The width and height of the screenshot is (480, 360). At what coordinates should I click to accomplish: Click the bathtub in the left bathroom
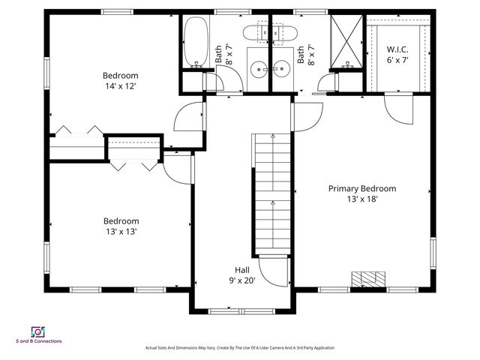(195, 41)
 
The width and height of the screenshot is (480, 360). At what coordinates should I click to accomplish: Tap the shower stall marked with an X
(347, 41)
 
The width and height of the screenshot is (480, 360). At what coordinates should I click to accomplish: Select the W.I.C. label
(397, 49)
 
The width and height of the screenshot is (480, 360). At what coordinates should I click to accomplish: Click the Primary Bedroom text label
(362, 188)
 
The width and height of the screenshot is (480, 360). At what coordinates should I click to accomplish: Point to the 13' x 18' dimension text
(362, 199)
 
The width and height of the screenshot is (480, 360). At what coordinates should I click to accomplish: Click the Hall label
(242, 270)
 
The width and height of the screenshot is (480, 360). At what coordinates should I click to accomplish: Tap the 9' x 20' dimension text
(242, 280)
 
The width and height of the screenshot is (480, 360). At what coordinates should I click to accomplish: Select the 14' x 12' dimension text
(121, 86)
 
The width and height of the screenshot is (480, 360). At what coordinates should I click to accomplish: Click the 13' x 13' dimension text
(121, 232)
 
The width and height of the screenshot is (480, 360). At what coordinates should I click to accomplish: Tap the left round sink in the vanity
(259, 68)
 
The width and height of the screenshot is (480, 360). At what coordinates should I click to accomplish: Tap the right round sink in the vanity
(282, 68)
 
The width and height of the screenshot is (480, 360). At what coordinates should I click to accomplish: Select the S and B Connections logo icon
(37, 331)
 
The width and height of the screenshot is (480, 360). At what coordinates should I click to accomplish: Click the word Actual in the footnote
(151, 348)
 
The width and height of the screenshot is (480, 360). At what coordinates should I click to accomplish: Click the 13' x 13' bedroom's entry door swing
(178, 167)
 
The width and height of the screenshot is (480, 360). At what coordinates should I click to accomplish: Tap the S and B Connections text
(39, 342)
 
